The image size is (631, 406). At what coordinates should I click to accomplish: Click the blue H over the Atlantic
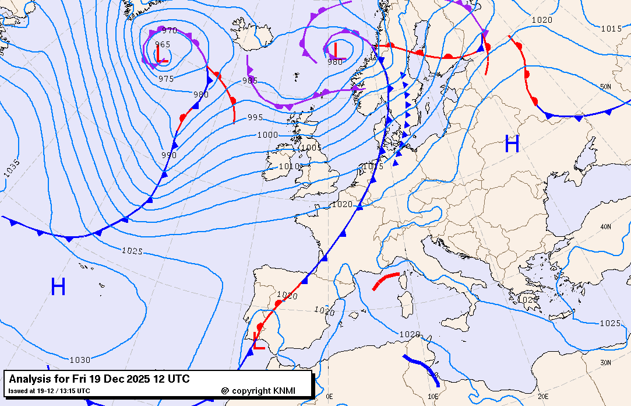tap(58, 286)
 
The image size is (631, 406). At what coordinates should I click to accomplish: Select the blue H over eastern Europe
tap(512, 144)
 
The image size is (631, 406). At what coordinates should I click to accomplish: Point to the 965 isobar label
tap(163, 44)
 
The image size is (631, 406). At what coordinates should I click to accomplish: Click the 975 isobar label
tap(166, 79)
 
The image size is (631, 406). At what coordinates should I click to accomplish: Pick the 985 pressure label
tap(250, 80)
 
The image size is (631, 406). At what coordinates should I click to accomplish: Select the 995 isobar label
tap(255, 117)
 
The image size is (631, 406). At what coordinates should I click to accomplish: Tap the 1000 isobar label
tap(267, 135)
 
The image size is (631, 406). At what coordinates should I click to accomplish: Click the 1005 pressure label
tap(312, 148)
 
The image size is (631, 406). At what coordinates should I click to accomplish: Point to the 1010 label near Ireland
tap(289, 166)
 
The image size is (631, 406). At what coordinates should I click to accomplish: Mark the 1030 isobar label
tap(80, 359)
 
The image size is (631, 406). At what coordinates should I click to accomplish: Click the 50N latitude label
tap(606, 87)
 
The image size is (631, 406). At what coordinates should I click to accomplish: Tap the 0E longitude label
tap(329, 396)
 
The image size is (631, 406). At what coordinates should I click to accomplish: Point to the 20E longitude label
tap(542, 396)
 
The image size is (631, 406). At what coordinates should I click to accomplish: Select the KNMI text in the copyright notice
tap(285, 390)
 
